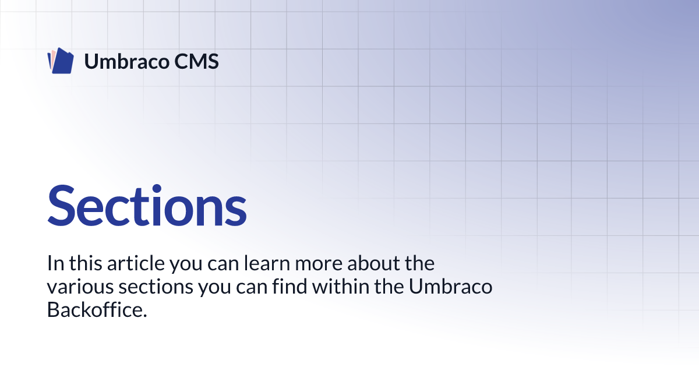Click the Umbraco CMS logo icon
[61, 61]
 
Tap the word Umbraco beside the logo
[127, 61]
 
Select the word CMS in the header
[196, 62]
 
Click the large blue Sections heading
[147, 205]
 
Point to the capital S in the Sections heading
[62, 205]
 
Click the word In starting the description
[55, 263]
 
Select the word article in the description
[136, 263]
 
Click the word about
[373, 263]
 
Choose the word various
[80, 287]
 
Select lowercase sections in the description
[156, 287]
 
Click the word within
[341, 286]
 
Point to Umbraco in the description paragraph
[451, 286]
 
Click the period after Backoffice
[145, 316]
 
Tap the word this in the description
[86, 263]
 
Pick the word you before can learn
[186, 265]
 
